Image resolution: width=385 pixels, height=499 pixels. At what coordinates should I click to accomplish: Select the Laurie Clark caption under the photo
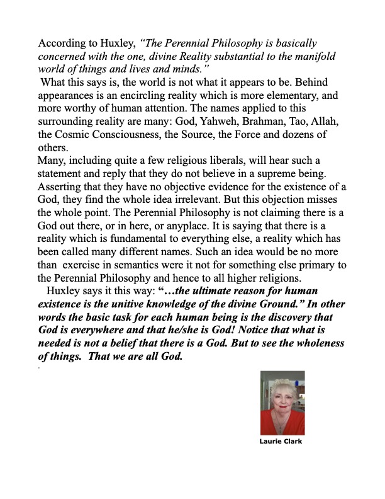281,441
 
